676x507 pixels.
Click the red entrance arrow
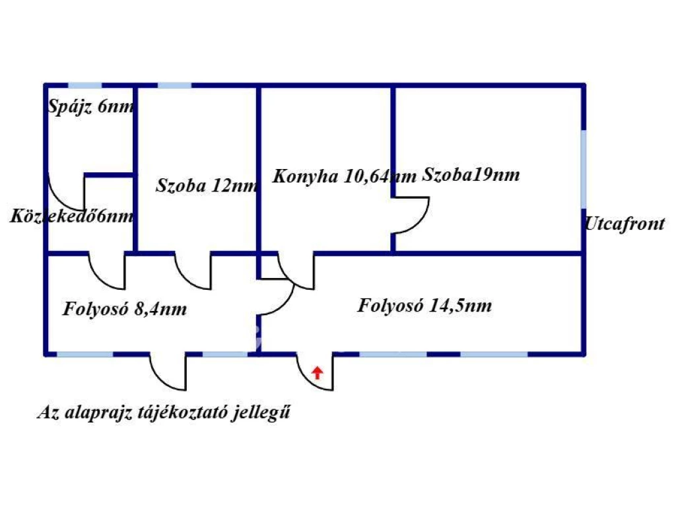coord(318,372)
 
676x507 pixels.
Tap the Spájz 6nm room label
coord(90,106)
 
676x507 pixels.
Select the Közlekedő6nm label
coord(72,216)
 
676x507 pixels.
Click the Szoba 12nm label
coord(207,186)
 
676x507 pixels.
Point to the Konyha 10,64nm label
coord(345,176)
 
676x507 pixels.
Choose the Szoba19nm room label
coord(471,174)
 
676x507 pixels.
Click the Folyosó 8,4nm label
coord(125,309)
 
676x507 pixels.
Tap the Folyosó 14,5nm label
coord(424,305)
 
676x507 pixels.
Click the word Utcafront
coord(625,224)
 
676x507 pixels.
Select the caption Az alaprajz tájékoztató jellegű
coord(164,412)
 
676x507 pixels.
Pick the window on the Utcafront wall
coord(584,169)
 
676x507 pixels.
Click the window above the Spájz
coord(85,85)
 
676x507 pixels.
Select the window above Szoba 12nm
coord(174,85)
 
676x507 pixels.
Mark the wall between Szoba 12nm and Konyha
coord(259,181)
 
